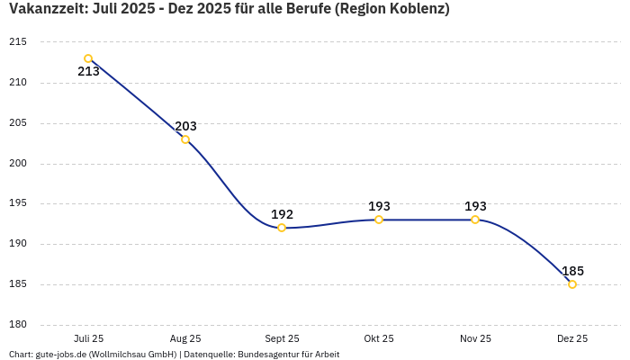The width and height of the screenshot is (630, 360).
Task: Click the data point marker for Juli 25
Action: pyautogui.click(x=88, y=58)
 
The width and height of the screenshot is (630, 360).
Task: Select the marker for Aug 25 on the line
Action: pyautogui.click(x=185, y=139)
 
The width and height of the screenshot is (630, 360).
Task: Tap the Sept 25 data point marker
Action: pyautogui.click(x=282, y=228)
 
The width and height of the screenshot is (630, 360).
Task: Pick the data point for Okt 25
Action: pyautogui.click(x=379, y=220)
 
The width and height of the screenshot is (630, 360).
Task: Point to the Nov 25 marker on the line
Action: pyautogui.click(x=475, y=220)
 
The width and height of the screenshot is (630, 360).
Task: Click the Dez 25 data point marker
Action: pyautogui.click(x=572, y=284)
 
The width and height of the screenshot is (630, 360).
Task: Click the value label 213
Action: pyautogui.click(x=88, y=72)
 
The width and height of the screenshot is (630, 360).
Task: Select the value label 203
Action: pyautogui.click(x=185, y=126)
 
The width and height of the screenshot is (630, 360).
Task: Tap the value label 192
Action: pyautogui.click(x=282, y=214)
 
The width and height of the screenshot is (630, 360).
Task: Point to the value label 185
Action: pyautogui.click(x=572, y=271)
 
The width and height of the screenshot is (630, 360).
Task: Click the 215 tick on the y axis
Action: pyautogui.click(x=18, y=42)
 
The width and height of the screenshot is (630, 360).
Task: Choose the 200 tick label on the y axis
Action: pyautogui.click(x=18, y=164)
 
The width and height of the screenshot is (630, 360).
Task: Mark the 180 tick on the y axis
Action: pyautogui.click(x=18, y=325)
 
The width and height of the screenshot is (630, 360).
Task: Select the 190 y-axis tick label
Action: pyautogui.click(x=18, y=244)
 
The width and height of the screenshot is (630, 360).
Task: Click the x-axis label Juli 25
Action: pyautogui.click(x=88, y=339)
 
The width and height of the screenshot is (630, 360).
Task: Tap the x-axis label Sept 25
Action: pyautogui.click(x=282, y=339)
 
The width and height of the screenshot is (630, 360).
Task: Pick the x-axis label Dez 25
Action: pyautogui.click(x=572, y=339)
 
